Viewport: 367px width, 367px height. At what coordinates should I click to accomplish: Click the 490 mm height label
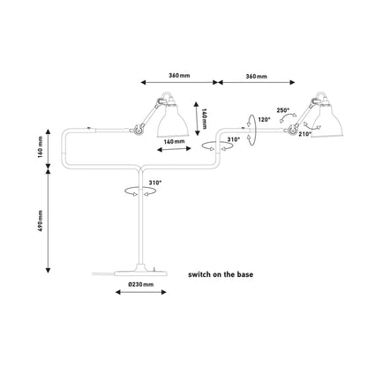(41, 221)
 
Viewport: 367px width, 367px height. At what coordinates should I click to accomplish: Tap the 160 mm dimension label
(41, 147)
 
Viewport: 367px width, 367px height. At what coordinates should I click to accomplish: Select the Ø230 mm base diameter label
(141, 284)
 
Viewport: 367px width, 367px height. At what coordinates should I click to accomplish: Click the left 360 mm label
(179, 75)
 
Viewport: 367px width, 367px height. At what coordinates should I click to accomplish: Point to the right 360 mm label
(257, 77)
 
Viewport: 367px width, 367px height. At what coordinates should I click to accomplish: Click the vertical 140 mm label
(205, 118)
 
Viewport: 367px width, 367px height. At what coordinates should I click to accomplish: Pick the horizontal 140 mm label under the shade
(174, 141)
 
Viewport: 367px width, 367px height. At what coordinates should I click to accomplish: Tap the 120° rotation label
(264, 119)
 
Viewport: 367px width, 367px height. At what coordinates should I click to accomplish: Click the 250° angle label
(283, 110)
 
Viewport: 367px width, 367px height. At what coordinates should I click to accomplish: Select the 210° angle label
(305, 134)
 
